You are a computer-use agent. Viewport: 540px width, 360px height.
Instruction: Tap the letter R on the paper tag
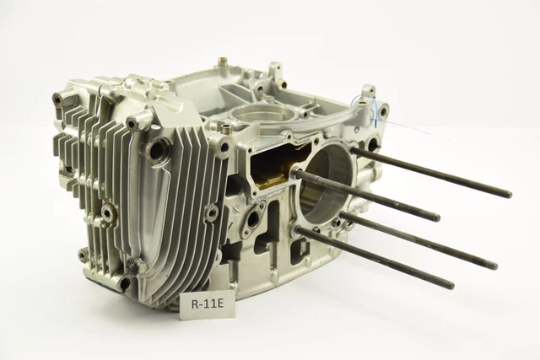pyautogui.click(x=195, y=304)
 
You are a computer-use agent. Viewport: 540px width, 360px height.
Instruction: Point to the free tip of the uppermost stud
pyautogui.click(x=509, y=194)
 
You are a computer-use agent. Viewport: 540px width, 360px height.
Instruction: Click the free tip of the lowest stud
pyautogui.click(x=452, y=285)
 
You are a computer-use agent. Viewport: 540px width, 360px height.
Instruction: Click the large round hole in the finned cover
pyautogui.click(x=159, y=149)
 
